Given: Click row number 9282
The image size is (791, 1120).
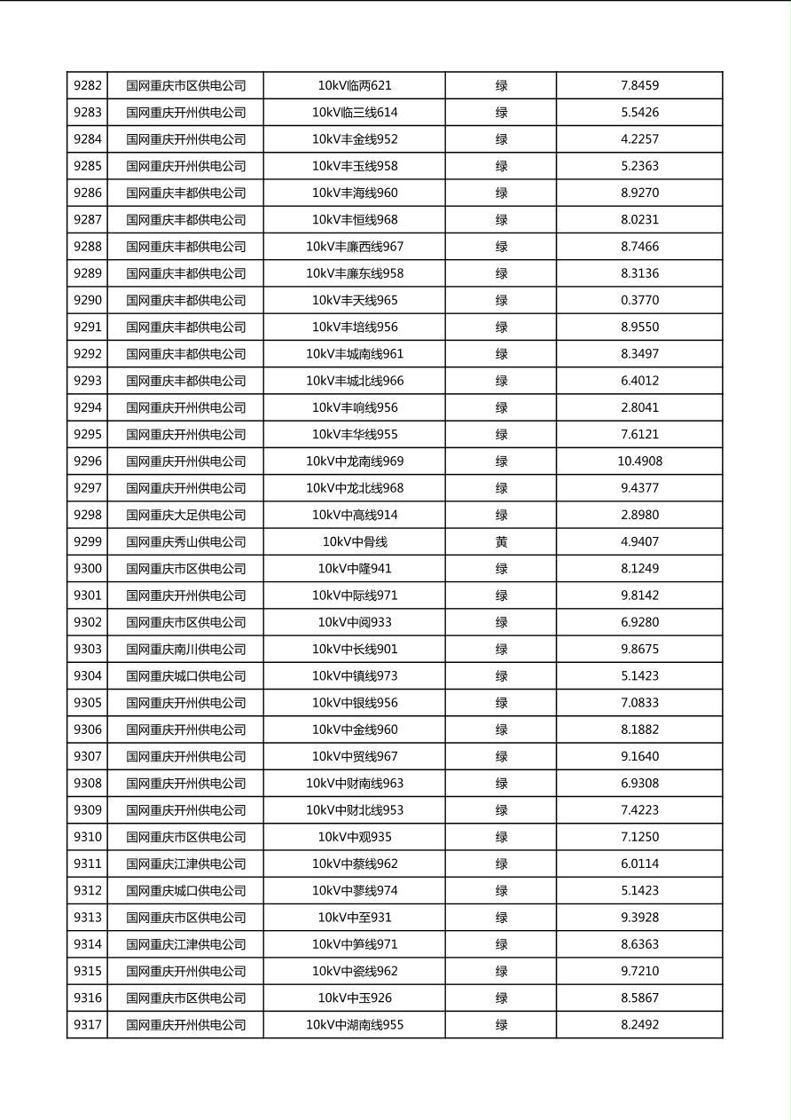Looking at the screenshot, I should [x=88, y=86].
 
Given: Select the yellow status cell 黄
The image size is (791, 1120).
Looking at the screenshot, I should [x=501, y=542].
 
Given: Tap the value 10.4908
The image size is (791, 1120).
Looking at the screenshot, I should [x=639, y=461].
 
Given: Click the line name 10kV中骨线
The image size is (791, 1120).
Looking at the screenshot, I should [x=355, y=542].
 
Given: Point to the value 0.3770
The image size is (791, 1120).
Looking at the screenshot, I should [x=639, y=301].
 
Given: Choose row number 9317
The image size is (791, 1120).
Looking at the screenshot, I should [x=88, y=1025].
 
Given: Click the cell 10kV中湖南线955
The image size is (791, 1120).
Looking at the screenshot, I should [x=355, y=1025].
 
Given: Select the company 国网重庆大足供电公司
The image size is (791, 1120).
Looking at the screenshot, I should [x=185, y=516].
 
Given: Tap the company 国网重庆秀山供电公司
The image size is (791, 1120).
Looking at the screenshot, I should [x=185, y=542].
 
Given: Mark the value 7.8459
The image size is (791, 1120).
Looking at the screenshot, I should [x=639, y=86].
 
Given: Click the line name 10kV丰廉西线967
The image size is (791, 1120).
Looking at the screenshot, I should [x=355, y=247].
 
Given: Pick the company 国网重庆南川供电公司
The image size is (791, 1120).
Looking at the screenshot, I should [x=185, y=650].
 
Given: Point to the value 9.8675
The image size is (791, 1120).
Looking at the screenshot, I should [x=639, y=650].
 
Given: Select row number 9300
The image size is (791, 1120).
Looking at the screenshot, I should [x=88, y=569].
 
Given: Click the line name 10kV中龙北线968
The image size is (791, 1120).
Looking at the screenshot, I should [x=355, y=488].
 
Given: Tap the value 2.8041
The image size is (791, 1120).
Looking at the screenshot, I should [x=639, y=408].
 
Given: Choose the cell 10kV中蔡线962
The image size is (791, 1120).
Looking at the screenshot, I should [x=355, y=864].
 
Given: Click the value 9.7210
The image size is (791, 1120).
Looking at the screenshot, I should [x=639, y=972].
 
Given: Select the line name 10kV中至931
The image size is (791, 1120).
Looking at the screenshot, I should [x=355, y=918].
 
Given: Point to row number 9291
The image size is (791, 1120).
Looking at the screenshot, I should [x=88, y=327].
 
